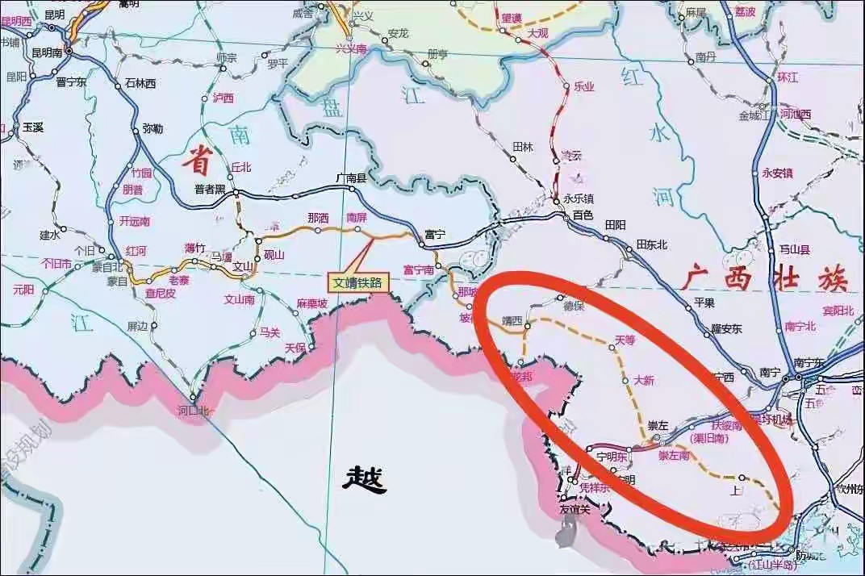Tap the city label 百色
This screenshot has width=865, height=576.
583,215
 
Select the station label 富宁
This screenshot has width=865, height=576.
435,235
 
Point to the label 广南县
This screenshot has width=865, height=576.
351,178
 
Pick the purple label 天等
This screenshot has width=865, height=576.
625,340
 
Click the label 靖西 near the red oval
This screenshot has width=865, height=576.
512,319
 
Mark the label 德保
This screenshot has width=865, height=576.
574,307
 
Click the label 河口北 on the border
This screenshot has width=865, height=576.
193,411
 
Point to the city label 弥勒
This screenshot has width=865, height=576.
152,128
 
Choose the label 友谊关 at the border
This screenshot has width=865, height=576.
575,508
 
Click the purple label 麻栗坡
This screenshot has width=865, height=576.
311,303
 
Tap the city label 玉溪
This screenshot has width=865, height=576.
33,127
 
